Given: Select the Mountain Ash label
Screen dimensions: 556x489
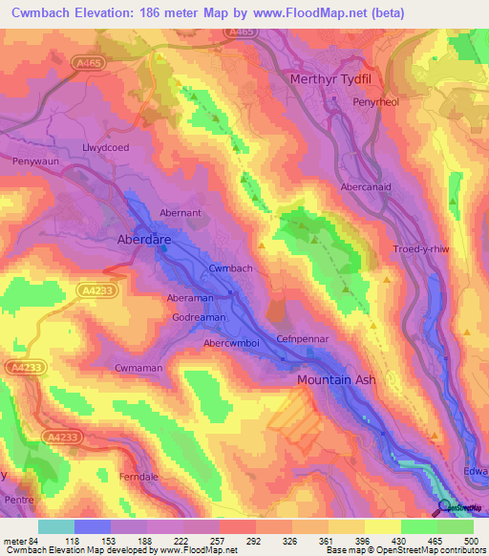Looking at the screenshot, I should click(x=336, y=380).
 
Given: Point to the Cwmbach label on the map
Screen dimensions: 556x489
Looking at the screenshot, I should click(x=230, y=268).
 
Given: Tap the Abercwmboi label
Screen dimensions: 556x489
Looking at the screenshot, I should click(x=235, y=343).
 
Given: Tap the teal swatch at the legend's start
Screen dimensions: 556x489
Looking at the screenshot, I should click(x=56, y=526).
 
